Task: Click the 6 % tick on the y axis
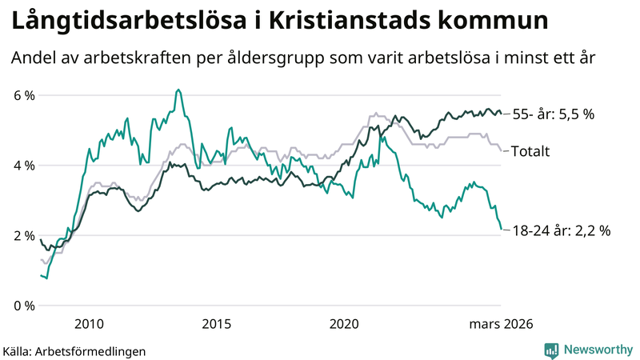coord(23,95)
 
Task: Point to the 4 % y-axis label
coord(23,166)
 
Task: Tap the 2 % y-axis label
coord(23,235)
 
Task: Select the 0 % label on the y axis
coord(23,306)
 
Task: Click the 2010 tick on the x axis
coord(89,324)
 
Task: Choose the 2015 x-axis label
coord(216,324)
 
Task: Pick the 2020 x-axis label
coord(344,324)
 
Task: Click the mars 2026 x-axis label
coord(501,324)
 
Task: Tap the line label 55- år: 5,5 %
coord(553,114)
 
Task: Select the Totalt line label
coord(530,151)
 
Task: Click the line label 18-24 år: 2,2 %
coord(561,231)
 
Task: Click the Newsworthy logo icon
coord(551,350)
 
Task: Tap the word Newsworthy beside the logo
coord(598,350)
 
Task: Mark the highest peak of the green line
coord(178,90)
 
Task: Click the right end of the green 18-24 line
coord(502,230)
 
